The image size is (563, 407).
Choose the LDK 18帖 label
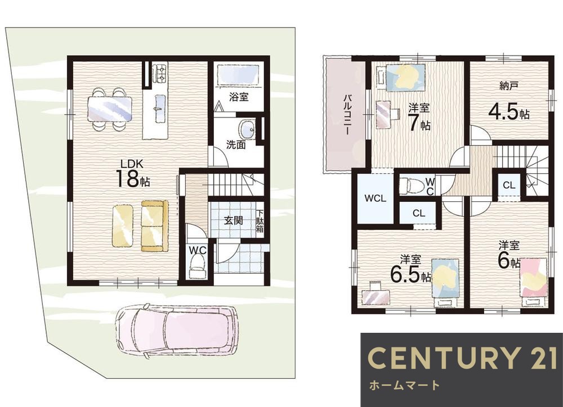[132, 174]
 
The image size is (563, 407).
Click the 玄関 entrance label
[234, 220]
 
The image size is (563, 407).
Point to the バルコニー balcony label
[347, 114]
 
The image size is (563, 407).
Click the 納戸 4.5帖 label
[509, 102]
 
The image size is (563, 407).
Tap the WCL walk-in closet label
[375, 198]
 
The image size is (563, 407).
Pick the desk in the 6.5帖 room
[376, 295]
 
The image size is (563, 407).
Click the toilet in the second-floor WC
[408, 185]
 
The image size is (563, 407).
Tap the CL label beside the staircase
[509, 185]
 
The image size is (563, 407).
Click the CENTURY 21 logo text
[462, 358]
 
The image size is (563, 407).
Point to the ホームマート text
[404, 386]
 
